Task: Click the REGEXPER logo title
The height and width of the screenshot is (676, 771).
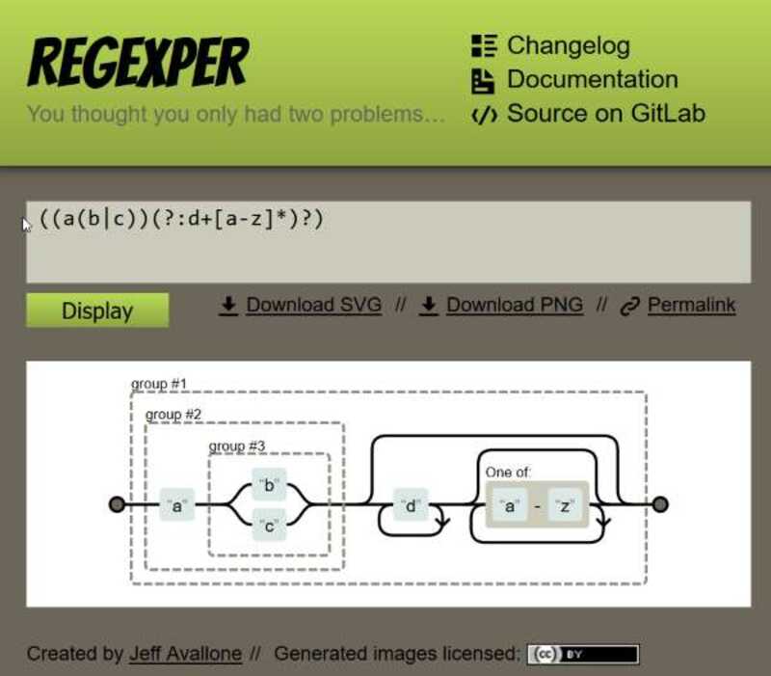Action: pos(138,63)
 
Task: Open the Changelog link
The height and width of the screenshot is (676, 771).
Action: pos(568,45)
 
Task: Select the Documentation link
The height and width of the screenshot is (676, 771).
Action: pos(593,79)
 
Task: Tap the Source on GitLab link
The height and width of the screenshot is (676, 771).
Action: pos(606,113)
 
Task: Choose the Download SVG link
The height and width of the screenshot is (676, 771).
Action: pos(314,305)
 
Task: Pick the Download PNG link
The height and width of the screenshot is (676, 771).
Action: pos(515,305)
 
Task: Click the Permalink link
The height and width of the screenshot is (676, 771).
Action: pos(691,305)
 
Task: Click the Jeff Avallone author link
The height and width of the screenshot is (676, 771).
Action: pos(185,654)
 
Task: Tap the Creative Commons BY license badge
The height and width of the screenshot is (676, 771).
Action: pos(583,655)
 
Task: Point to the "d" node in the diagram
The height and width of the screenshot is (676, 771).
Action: pos(411,504)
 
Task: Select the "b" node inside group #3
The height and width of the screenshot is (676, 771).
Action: pos(269,485)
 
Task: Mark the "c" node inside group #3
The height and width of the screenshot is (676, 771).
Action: pos(269,526)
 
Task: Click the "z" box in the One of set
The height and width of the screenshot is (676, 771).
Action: pos(565,505)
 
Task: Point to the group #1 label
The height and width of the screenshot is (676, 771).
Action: pos(159,384)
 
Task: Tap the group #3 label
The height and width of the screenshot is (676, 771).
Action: pos(237,446)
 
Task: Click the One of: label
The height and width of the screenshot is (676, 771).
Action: pos(508,473)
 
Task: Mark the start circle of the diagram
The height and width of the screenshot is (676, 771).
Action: pos(117,504)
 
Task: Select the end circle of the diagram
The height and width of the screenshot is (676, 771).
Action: pos(660,504)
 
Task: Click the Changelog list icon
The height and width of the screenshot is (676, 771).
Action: pos(485,45)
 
